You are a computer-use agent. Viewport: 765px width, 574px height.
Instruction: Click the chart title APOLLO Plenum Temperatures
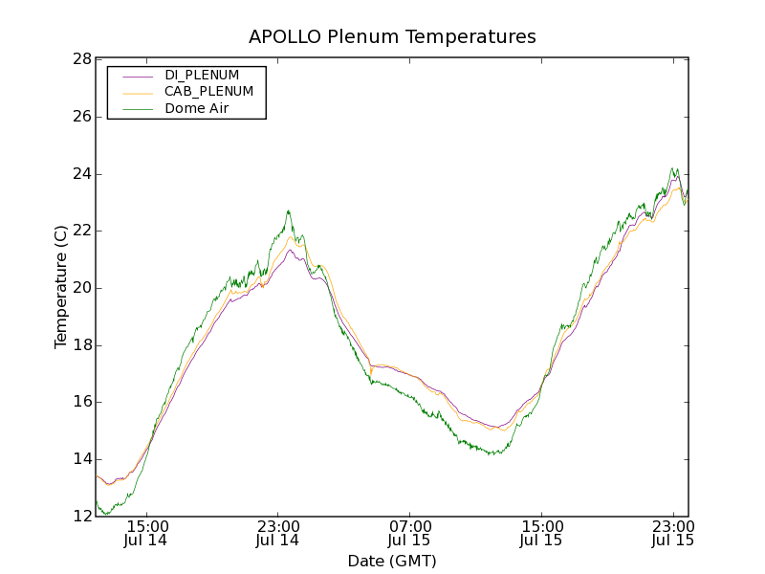coord(392,37)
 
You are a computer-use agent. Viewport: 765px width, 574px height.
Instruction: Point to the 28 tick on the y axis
coord(81,59)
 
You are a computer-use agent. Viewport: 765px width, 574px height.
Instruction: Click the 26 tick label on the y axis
coord(81,117)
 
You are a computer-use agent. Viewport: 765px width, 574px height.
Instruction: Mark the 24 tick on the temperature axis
coord(81,174)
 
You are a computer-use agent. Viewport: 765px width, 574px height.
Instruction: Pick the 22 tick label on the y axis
coord(81,231)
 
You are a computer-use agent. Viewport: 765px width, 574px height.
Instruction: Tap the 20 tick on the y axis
coord(81,288)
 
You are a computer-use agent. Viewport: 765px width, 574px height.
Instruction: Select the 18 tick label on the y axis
coord(81,345)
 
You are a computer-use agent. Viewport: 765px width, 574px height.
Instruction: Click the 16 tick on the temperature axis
coord(81,402)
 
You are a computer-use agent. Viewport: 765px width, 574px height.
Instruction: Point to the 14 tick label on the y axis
coord(81,459)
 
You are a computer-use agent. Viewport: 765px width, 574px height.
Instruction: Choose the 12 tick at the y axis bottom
coord(81,517)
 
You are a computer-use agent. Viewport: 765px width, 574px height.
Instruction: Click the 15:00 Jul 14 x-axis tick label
coord(146,534)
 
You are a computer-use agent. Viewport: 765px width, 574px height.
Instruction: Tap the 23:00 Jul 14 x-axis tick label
coord(277,534)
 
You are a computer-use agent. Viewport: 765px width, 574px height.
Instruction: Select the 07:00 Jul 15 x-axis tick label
coord(409,534)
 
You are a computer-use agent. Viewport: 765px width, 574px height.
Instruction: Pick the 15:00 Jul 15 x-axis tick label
coord(541,534)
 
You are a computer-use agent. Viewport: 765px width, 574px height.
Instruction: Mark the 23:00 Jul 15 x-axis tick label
coord(672,534)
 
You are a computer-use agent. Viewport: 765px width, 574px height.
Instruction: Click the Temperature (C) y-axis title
coord(61,287)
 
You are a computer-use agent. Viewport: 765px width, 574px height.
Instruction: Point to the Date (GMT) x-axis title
coord(392,561)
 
